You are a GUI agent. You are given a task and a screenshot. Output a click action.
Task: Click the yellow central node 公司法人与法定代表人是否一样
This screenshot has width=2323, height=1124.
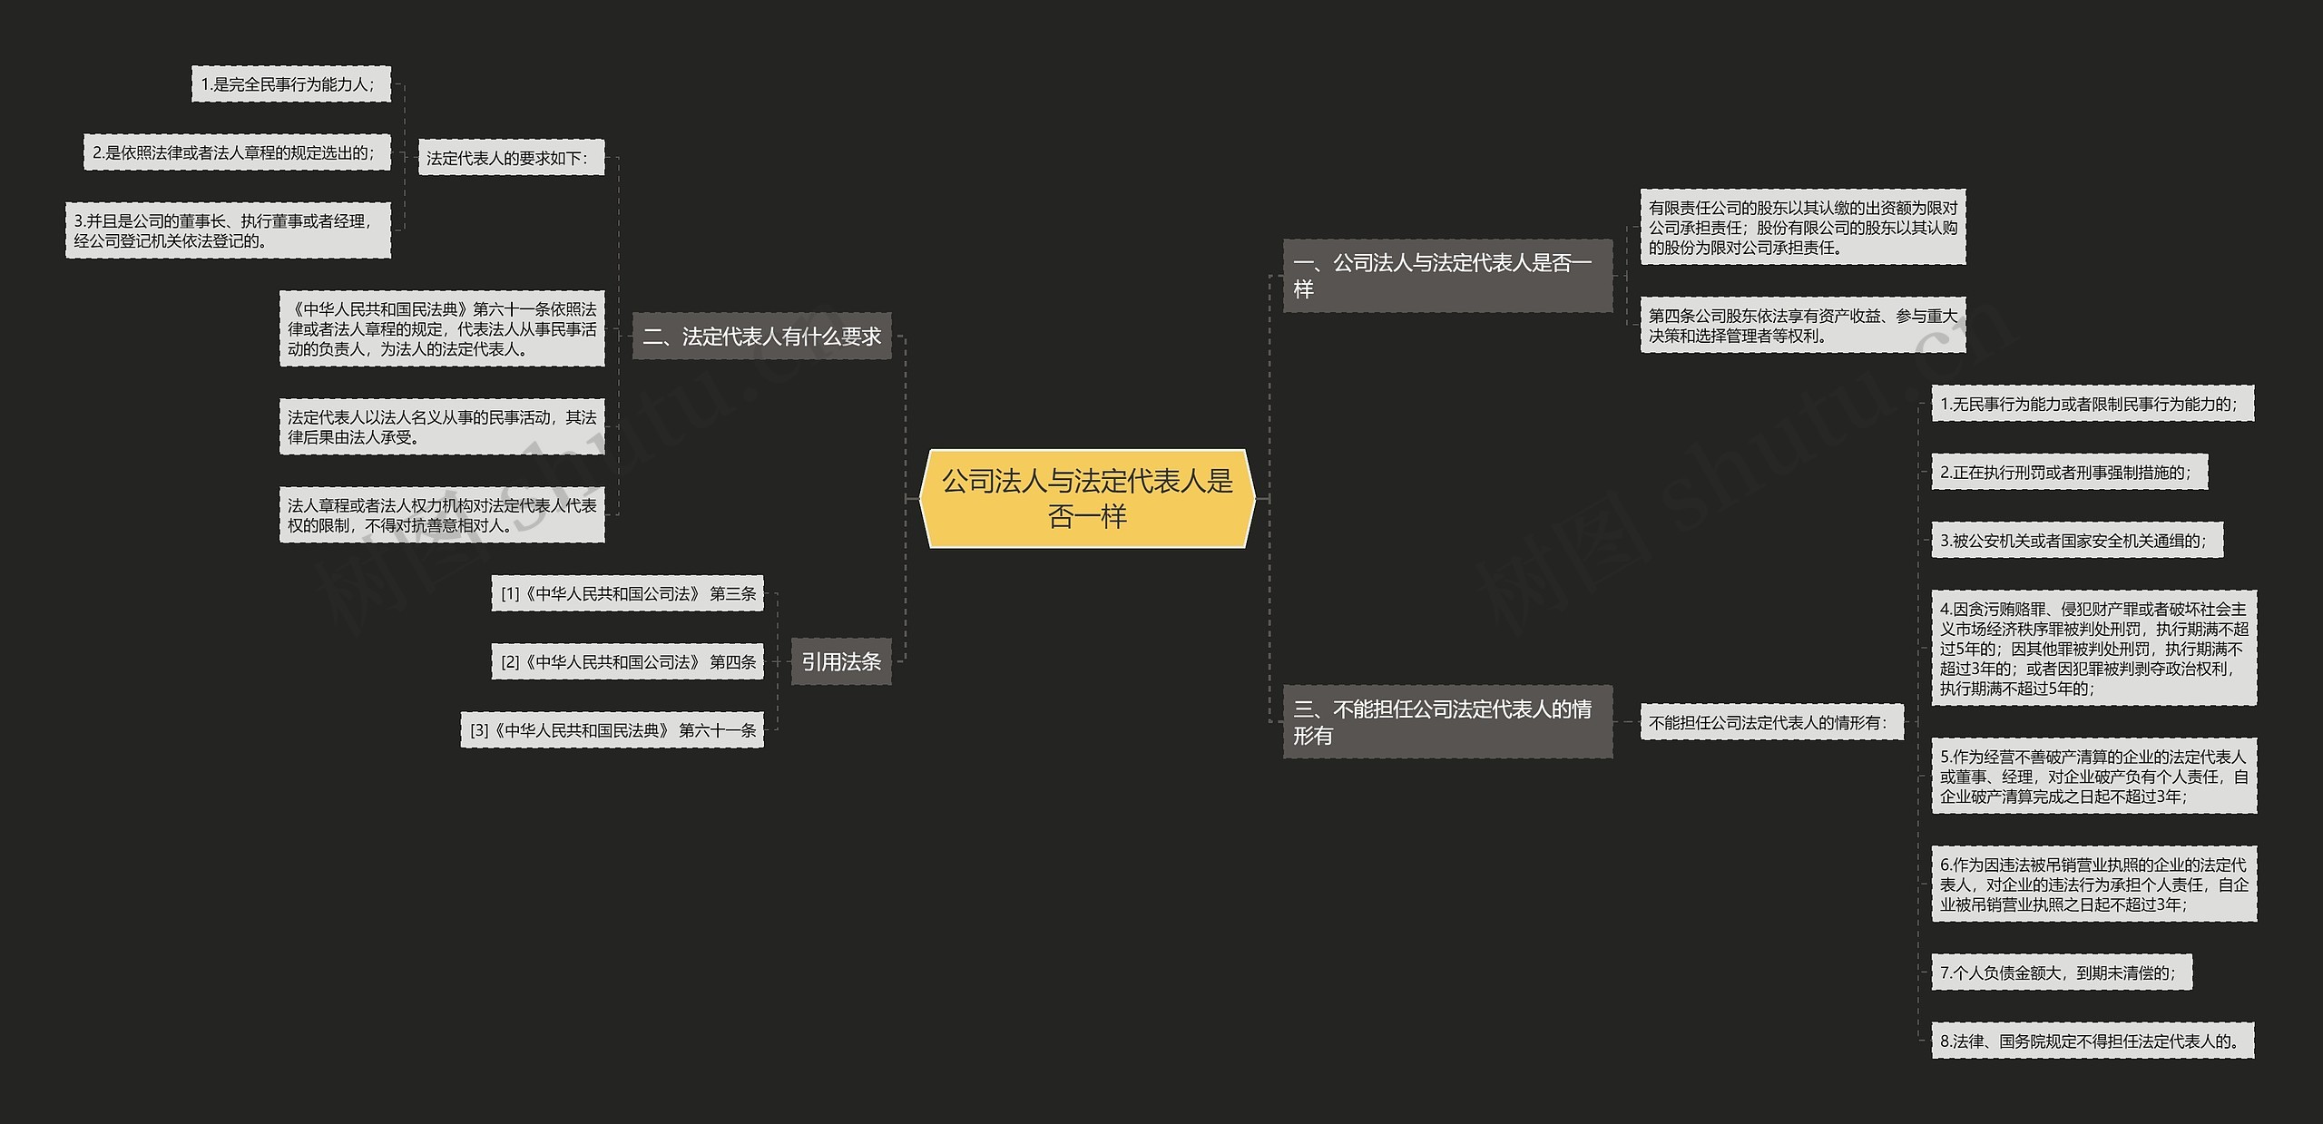[1087, 498]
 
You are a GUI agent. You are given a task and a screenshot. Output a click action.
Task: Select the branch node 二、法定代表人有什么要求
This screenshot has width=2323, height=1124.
[761, 337]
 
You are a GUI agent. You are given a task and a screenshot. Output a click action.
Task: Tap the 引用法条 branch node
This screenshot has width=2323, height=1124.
[841, 661]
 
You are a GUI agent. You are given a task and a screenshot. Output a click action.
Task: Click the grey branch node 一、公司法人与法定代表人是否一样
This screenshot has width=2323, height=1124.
[1447, 276]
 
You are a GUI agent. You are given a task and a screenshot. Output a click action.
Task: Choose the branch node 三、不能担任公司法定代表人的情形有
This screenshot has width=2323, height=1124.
[1447, 721]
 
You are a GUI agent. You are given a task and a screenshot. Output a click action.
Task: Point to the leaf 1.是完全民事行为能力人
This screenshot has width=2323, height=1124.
[290, 84]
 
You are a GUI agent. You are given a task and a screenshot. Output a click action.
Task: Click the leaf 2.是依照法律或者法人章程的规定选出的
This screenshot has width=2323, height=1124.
[236, 152]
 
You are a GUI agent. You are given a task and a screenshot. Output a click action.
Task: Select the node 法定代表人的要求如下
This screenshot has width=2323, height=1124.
[511, 158]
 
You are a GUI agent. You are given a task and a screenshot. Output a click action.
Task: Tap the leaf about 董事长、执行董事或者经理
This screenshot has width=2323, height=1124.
[228, 230]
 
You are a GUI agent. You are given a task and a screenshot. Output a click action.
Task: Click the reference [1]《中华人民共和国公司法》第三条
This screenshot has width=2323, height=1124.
[628, 593]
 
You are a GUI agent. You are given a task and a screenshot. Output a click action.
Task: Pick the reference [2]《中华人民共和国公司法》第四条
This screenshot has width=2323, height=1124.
[628, 662]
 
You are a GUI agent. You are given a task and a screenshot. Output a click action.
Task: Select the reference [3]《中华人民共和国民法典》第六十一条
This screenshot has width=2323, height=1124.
[613, 730]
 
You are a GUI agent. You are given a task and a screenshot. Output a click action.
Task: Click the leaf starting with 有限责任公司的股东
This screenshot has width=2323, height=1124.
[1802, 227]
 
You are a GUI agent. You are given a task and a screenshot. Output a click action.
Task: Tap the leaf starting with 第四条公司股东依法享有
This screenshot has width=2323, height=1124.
[1802, 326]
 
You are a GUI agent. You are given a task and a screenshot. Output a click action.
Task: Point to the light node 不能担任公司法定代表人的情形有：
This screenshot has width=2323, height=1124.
[1771, 722]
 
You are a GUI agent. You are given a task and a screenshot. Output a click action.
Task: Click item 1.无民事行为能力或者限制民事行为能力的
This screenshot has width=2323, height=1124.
[2093, 404]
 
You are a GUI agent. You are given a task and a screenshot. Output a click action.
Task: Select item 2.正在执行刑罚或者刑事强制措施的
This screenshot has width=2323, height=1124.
[2069, 472]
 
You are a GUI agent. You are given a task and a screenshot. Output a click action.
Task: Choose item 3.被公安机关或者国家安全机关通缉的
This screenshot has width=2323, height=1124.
[2077, 541]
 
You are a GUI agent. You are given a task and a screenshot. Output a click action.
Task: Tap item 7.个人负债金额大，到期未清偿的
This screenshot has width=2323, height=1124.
[2061, 973]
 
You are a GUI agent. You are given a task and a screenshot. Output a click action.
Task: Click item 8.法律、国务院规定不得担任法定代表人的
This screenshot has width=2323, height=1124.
[2093, 1041]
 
